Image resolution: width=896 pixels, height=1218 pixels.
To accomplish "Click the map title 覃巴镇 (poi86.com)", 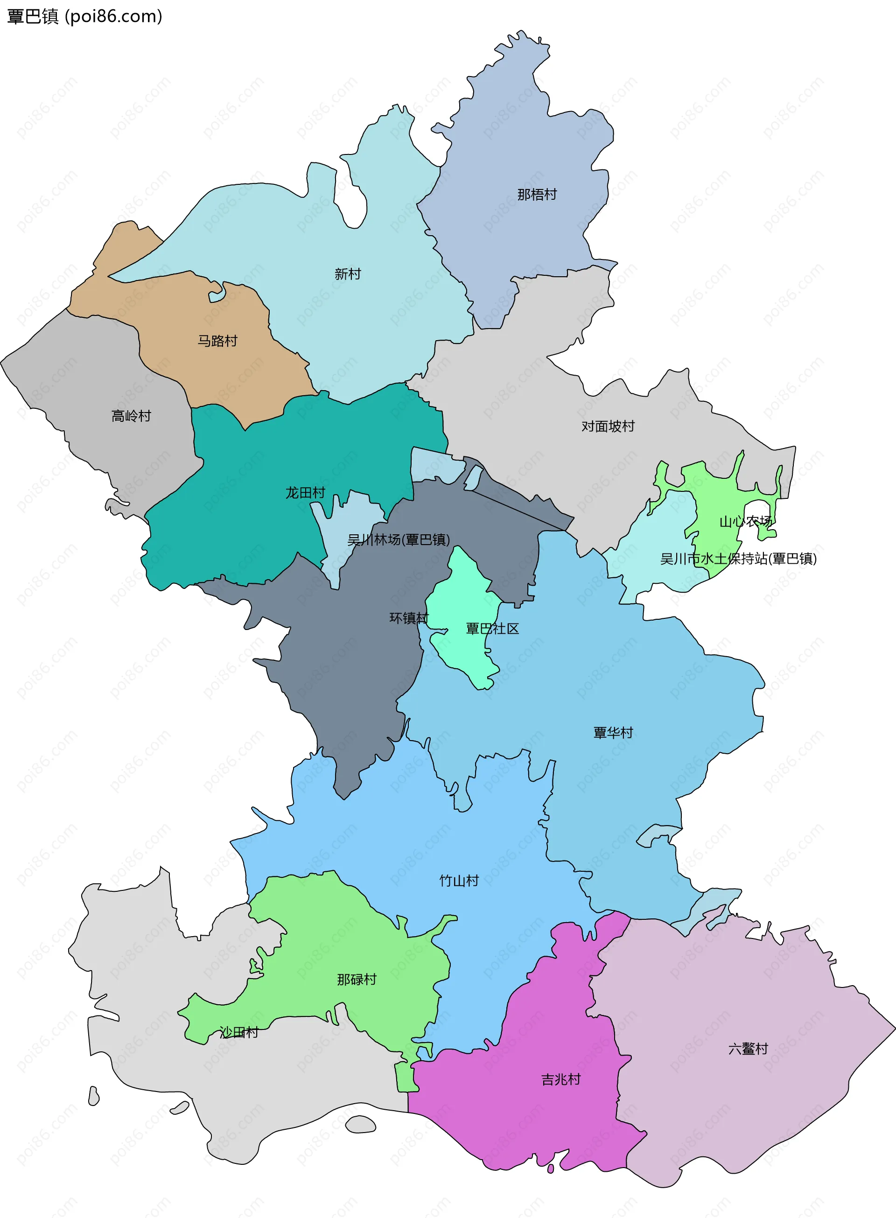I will [x=84, y=16].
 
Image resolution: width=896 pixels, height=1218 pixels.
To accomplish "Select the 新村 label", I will [x=347, y=274].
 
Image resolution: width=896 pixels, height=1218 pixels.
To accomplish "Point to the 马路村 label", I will [x=217, y=341].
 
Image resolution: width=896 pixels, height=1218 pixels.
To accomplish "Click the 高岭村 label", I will [x=131, y=416].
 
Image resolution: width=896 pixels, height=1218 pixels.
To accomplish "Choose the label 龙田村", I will [x=305, y=492].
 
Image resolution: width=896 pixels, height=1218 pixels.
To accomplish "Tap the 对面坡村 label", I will [x=608, y=426].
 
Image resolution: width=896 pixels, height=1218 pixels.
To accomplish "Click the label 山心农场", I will [x=745, y=522].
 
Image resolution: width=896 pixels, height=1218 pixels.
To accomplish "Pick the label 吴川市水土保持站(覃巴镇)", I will [x=738, y=559].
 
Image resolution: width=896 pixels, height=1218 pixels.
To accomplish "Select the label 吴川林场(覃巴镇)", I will [x=398, y=539].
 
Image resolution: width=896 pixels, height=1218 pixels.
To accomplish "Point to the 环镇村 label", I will [x=408, y=618].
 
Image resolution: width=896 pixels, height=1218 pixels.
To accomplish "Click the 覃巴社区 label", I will [x=492, y=629].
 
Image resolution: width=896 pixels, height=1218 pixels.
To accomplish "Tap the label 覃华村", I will [x=613, y=733].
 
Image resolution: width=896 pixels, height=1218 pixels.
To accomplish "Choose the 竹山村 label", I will [x=459, y=881].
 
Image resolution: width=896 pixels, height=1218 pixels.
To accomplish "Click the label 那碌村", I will [x=357, y=980].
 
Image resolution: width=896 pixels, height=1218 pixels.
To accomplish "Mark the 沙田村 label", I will [x=238, y=1032].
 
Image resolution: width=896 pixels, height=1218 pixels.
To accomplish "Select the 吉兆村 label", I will [x=560, y=1079].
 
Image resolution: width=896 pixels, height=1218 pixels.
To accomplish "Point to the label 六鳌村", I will [x=748, y=1049].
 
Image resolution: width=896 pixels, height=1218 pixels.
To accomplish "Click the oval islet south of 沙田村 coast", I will [x=361, y=1124].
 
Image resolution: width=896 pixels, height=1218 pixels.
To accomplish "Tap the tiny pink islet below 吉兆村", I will [x=551, y=1169].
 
